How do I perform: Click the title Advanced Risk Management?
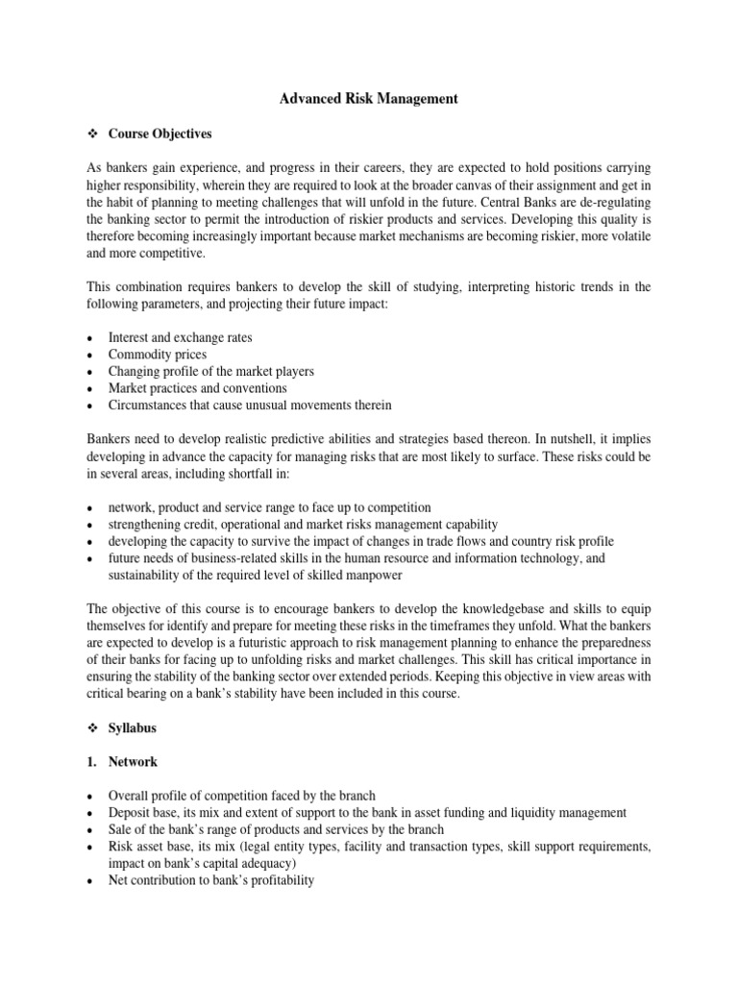368,98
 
